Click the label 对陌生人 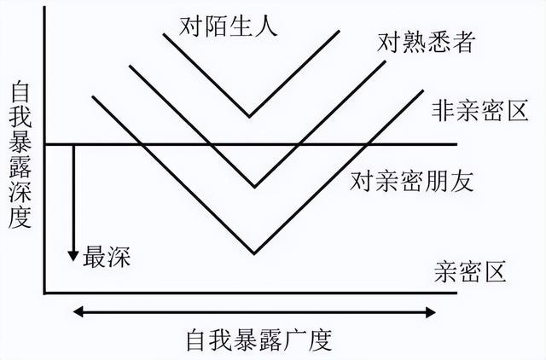pos(229,26)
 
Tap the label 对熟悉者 pos(427,43)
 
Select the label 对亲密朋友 pos(411,181)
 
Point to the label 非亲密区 pos(480,110)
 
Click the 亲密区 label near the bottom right pos(470,271)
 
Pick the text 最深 pos(107,257)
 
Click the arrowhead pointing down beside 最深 pos(73,255)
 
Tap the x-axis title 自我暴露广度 pos(259,340)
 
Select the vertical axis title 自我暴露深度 pos(20,154)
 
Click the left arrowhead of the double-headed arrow pos(78,312)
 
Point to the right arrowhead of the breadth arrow pos(430,312)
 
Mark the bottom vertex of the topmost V pos(249,117)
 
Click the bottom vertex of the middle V pos(255,187)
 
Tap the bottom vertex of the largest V pos(254,253)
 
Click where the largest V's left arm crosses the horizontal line pos(140,144)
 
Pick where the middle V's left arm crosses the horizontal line pos(210,144)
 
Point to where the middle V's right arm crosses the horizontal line pos(299,144)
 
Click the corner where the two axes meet pos(44,293)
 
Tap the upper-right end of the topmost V pos(340,32)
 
